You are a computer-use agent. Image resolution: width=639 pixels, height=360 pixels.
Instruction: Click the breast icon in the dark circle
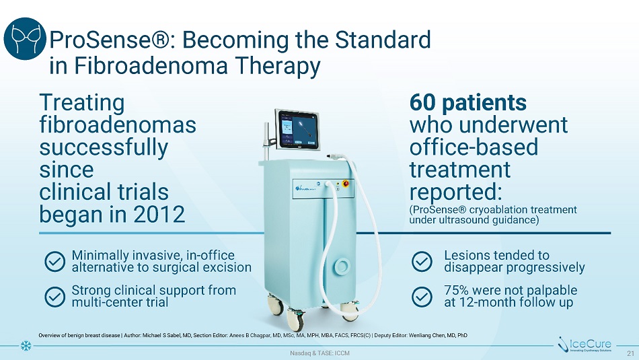coord(24,39)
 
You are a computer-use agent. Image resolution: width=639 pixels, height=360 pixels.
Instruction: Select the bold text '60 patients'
coord(468,102)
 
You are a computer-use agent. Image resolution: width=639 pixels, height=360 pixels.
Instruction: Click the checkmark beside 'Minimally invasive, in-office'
coord(54,261)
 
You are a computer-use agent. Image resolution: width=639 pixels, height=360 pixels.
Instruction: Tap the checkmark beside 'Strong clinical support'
coord(54,296)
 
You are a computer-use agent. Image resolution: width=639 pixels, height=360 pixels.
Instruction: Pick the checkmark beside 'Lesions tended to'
coord(422,261)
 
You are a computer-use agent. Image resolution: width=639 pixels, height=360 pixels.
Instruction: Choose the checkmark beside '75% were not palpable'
coord(422,296)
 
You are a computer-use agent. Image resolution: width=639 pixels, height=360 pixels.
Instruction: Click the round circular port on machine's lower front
coord(342,267)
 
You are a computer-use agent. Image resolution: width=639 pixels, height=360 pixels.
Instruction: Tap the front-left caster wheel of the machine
coord(295,319)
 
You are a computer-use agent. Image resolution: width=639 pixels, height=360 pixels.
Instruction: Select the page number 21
coord(631,353)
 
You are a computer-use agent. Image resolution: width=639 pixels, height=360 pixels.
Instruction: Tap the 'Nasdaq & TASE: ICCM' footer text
coord(319,353)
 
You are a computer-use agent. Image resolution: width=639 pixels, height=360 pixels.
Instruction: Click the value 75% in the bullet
coord(456,290)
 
